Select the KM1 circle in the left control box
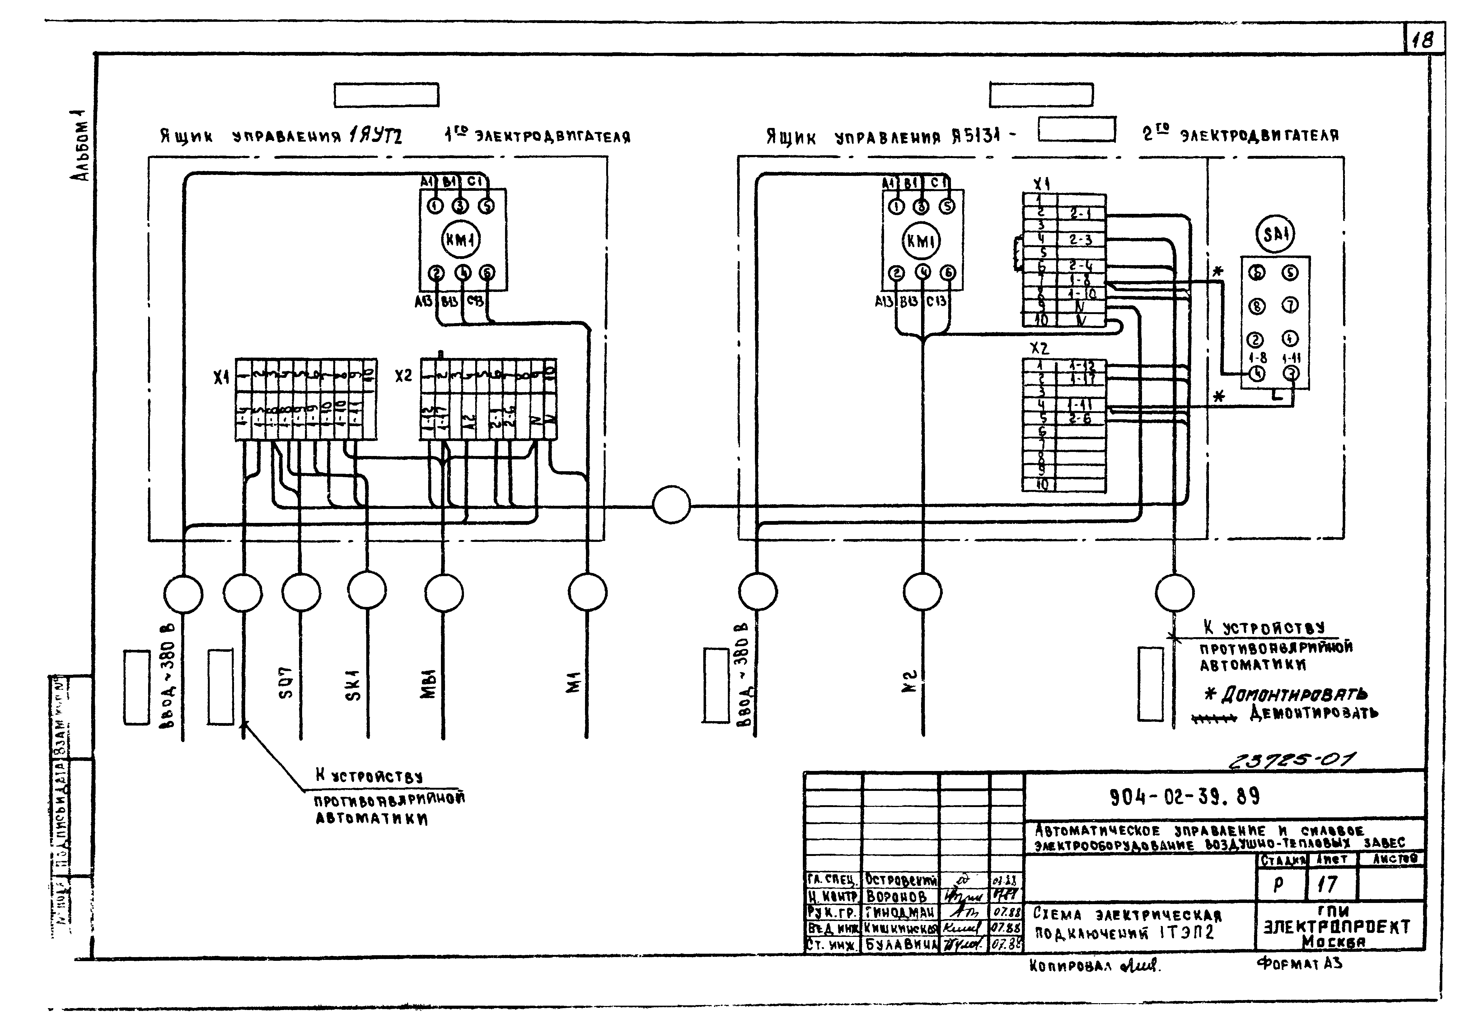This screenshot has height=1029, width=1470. [461, 240]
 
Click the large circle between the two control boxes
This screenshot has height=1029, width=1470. [672, 505]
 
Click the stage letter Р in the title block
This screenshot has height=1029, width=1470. [1279, 884]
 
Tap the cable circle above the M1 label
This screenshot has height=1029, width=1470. [587, 592]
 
